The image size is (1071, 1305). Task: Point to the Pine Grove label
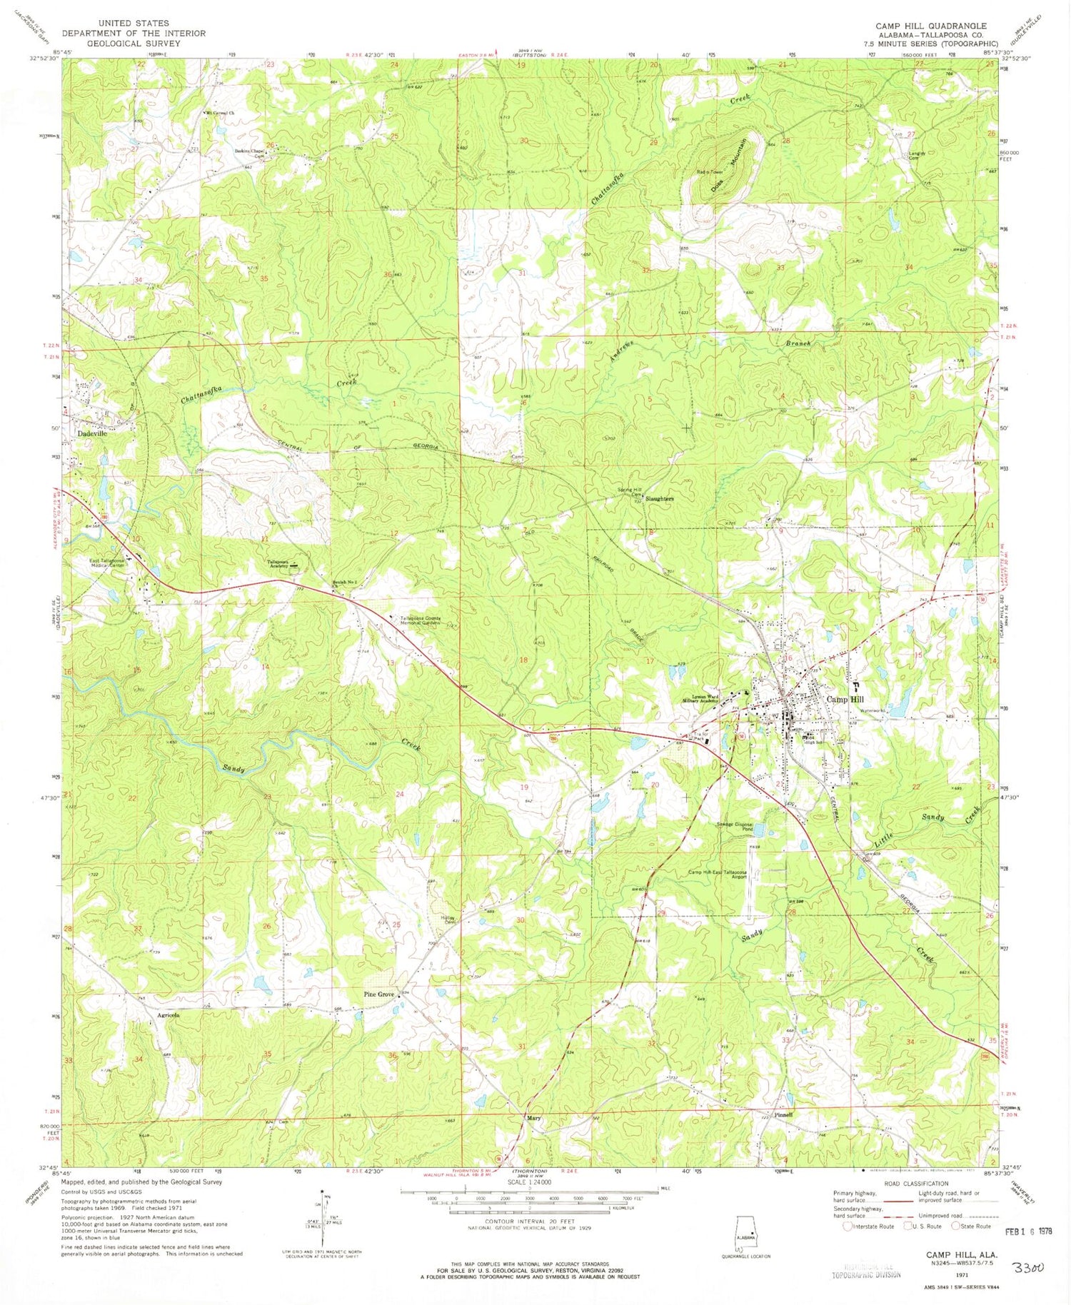[x=379, y=994]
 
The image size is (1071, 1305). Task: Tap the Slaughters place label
[x=659, y=499]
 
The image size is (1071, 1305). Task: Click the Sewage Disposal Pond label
[x=735, y=826]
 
